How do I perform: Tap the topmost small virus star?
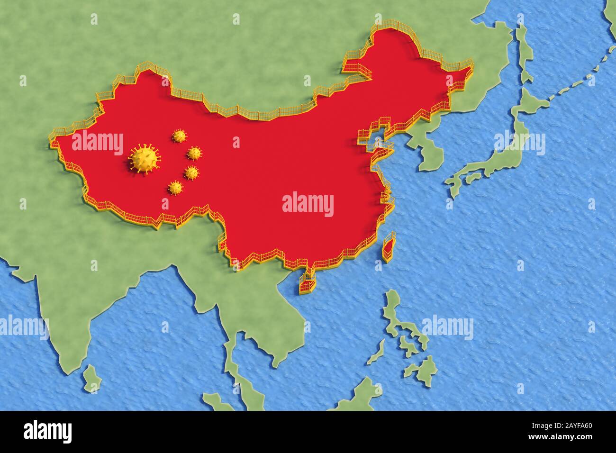pos(179,136)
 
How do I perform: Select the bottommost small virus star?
pos(175,188)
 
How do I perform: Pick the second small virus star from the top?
pos(194,153)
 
